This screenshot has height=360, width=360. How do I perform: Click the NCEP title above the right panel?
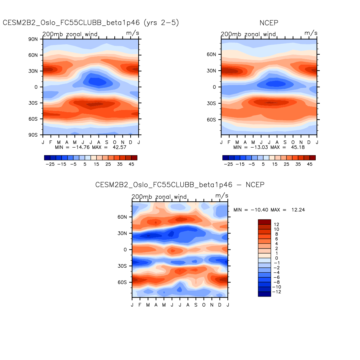click(x=269, y=23)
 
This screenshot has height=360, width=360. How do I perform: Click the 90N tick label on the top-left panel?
click(x=33, y=39)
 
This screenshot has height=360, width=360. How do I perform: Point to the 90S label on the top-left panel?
click(x=33, y=135)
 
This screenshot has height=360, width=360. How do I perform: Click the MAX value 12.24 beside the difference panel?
click(x=298, y=210)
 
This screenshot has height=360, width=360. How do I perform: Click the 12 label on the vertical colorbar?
click(x=276, y=225)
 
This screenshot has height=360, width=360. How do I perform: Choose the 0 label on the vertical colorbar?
click(x=276, y=258)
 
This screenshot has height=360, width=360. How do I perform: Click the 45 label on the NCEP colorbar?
click(x=310, y=164)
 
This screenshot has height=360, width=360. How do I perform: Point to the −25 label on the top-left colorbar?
click(x=50, y=164)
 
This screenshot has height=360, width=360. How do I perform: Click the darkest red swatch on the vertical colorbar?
click(x=264, y=222)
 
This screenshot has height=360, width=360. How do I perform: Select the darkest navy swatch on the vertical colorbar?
click(x=264, y=294)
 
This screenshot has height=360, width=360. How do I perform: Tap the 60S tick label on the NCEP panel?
click(x=211, y=120)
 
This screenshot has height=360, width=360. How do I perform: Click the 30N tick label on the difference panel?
click(x=122, y=233)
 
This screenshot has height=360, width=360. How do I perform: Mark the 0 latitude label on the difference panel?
click(x=125, y=250)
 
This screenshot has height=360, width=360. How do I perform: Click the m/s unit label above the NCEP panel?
click(x=311, y=33)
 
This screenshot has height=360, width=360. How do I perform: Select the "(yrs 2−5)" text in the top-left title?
click(x=161, y=23)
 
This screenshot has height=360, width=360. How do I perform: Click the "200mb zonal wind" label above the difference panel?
click(x=159, y=197)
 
